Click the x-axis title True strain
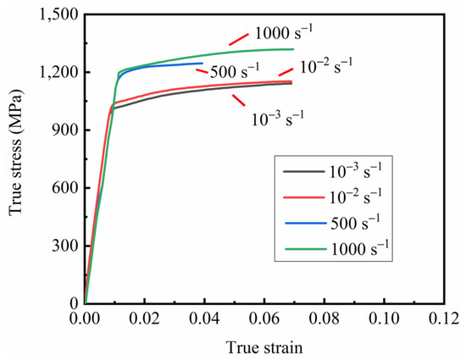(265, 346)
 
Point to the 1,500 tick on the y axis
(58, 14)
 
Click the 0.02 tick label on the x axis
(145, 320)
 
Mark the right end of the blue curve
(203, 64)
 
